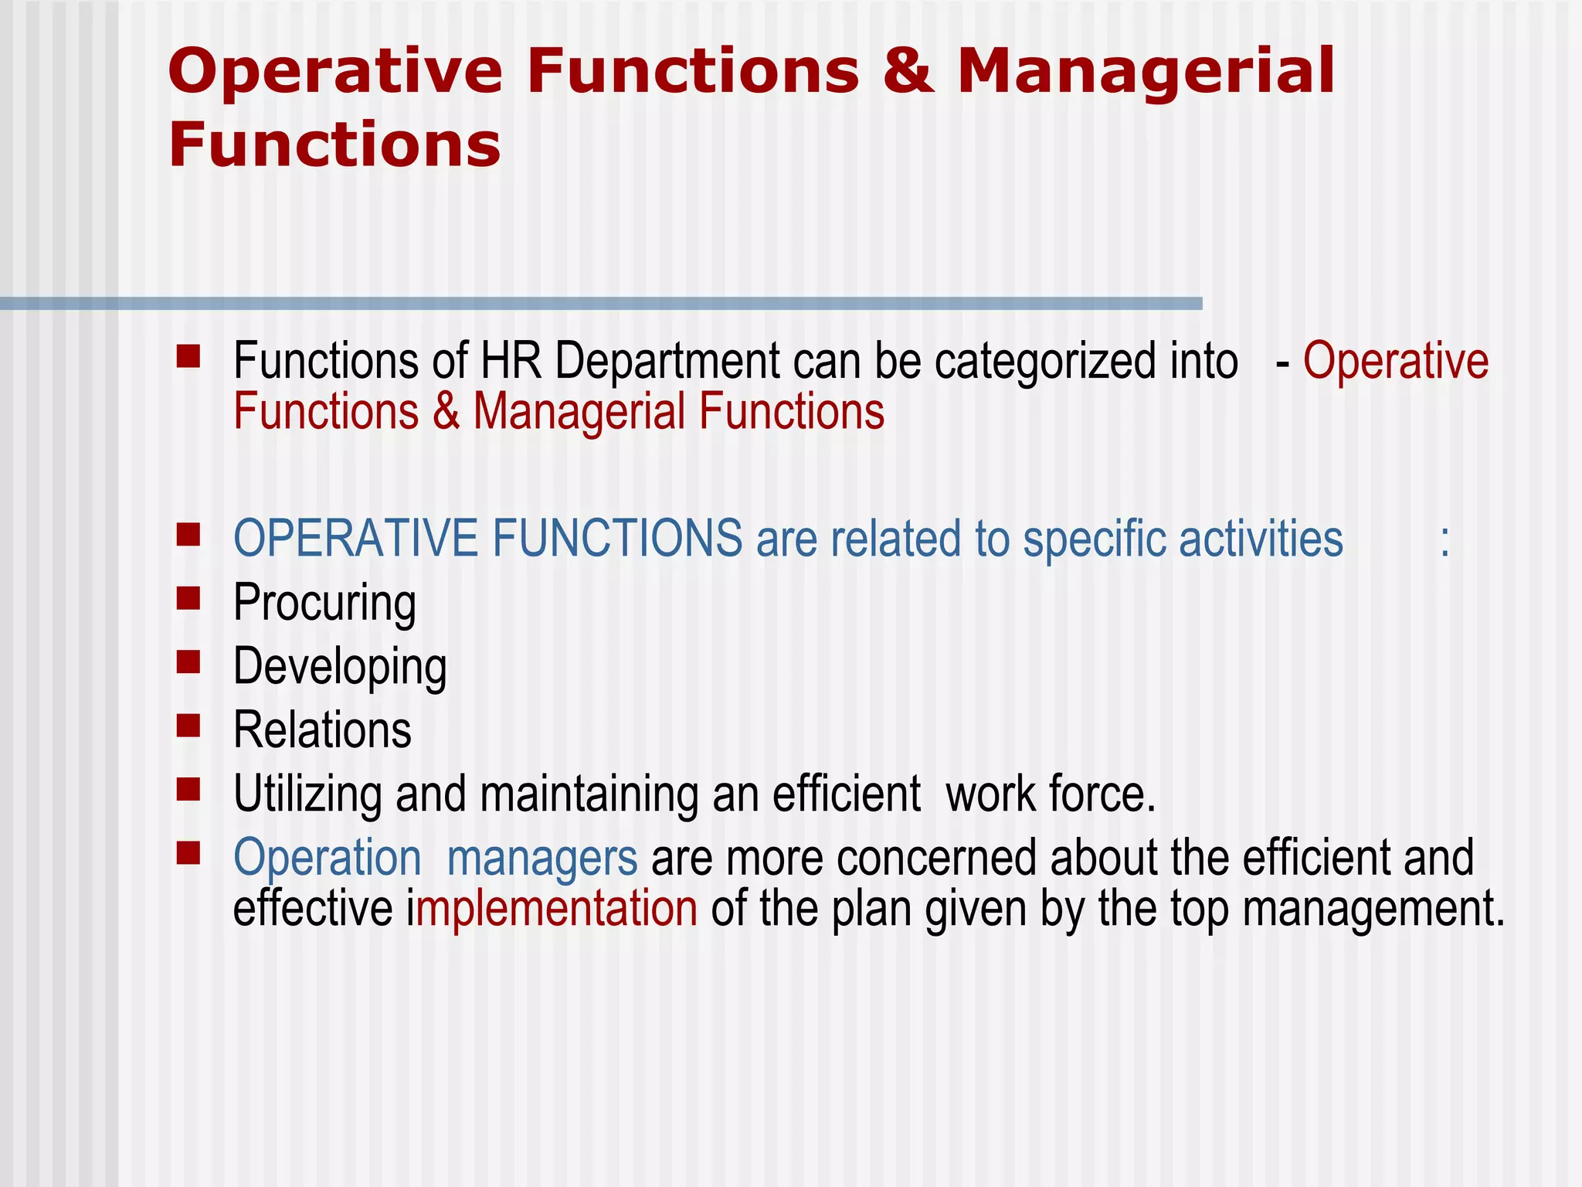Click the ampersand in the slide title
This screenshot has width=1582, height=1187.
click(x=908, y=71)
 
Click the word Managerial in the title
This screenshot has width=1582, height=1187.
click(x=1146, y=71)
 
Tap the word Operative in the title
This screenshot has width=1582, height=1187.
click(x=334, y=71)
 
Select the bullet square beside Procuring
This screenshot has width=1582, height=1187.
click(x=188, y=598)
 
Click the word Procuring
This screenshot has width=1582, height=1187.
click(x=324, y=603)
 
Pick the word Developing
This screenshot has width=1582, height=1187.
click(x=340, y=667)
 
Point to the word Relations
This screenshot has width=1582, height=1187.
click(x=322, y=730)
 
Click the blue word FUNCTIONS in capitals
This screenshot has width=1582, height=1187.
click(x=617, y=539)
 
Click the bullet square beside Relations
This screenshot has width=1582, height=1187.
click(x=188, y=726)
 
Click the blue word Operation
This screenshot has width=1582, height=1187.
click(x=327, y=859)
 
